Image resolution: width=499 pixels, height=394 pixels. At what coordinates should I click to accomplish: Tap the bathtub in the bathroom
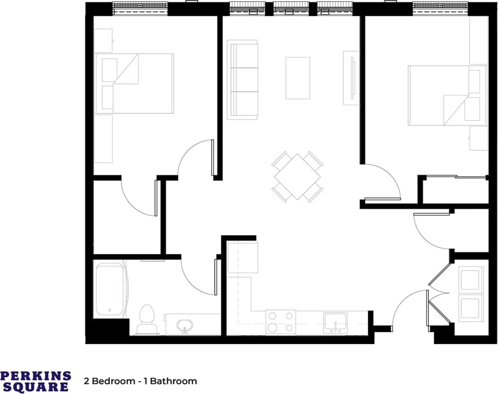110,290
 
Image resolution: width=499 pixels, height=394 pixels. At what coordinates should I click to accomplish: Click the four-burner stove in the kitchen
281,322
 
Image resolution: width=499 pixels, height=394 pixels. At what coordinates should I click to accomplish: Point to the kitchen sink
335,322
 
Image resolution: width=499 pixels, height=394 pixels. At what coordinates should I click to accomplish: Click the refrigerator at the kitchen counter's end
242,257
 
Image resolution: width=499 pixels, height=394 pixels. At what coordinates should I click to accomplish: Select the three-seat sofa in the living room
242,79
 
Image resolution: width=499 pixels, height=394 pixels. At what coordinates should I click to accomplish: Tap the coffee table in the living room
297,77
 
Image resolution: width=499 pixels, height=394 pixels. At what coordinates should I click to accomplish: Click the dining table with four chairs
297,177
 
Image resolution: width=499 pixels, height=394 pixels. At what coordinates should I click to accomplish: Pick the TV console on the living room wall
351,78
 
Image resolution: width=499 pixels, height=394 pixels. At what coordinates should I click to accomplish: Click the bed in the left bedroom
134,84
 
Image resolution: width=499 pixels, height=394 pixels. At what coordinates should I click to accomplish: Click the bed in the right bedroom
447,95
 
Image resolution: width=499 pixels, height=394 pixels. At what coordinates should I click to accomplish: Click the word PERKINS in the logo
36,376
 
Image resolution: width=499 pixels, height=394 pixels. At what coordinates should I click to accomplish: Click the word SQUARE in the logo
36,387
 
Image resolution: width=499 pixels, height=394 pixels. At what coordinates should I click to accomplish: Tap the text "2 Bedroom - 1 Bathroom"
141,381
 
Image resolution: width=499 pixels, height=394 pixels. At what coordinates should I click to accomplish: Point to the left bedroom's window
140,8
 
